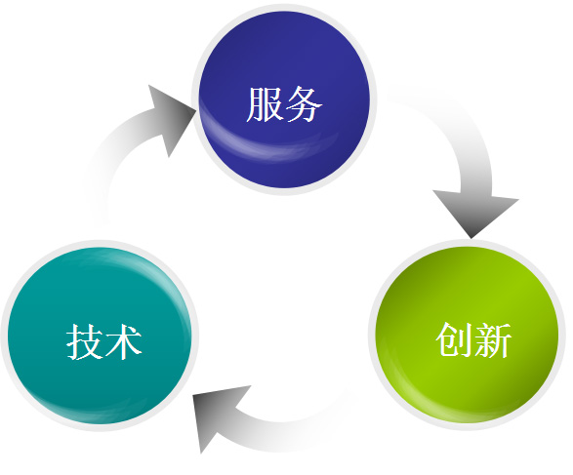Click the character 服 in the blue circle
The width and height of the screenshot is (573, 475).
[x=266, y=104]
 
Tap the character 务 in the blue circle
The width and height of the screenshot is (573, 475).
[x=303, y=104]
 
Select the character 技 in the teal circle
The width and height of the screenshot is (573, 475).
[x=84, y=341]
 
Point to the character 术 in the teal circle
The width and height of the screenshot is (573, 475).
[x=123, y=341]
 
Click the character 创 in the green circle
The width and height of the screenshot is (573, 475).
[x=454, y=339]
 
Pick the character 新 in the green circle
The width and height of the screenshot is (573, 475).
[x=492, y=339]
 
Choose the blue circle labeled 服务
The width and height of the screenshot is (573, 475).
[x=285, y=99]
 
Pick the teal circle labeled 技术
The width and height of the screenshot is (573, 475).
[x=100, y=336]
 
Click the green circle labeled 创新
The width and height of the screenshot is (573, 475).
[x=467, y=335]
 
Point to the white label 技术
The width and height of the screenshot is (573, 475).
[x=103, y=341]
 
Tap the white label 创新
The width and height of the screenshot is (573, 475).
[x=473, y=339]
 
